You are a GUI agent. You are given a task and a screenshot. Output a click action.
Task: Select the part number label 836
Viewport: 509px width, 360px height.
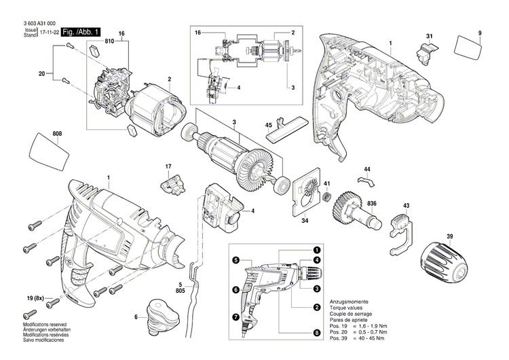(x=373, y=204)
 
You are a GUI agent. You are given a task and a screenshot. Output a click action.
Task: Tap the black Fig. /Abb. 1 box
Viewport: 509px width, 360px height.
(x=80, y=32)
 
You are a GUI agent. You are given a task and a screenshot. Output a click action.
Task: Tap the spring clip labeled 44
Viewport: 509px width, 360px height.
(x=366, y=181)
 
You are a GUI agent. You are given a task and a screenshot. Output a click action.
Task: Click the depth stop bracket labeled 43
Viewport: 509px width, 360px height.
(x=402, y=225)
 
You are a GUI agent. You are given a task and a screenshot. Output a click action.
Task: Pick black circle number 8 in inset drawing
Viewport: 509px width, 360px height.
(x=317, y=333)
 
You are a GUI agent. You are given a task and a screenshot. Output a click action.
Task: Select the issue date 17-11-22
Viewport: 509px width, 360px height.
(x=49, y=32)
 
